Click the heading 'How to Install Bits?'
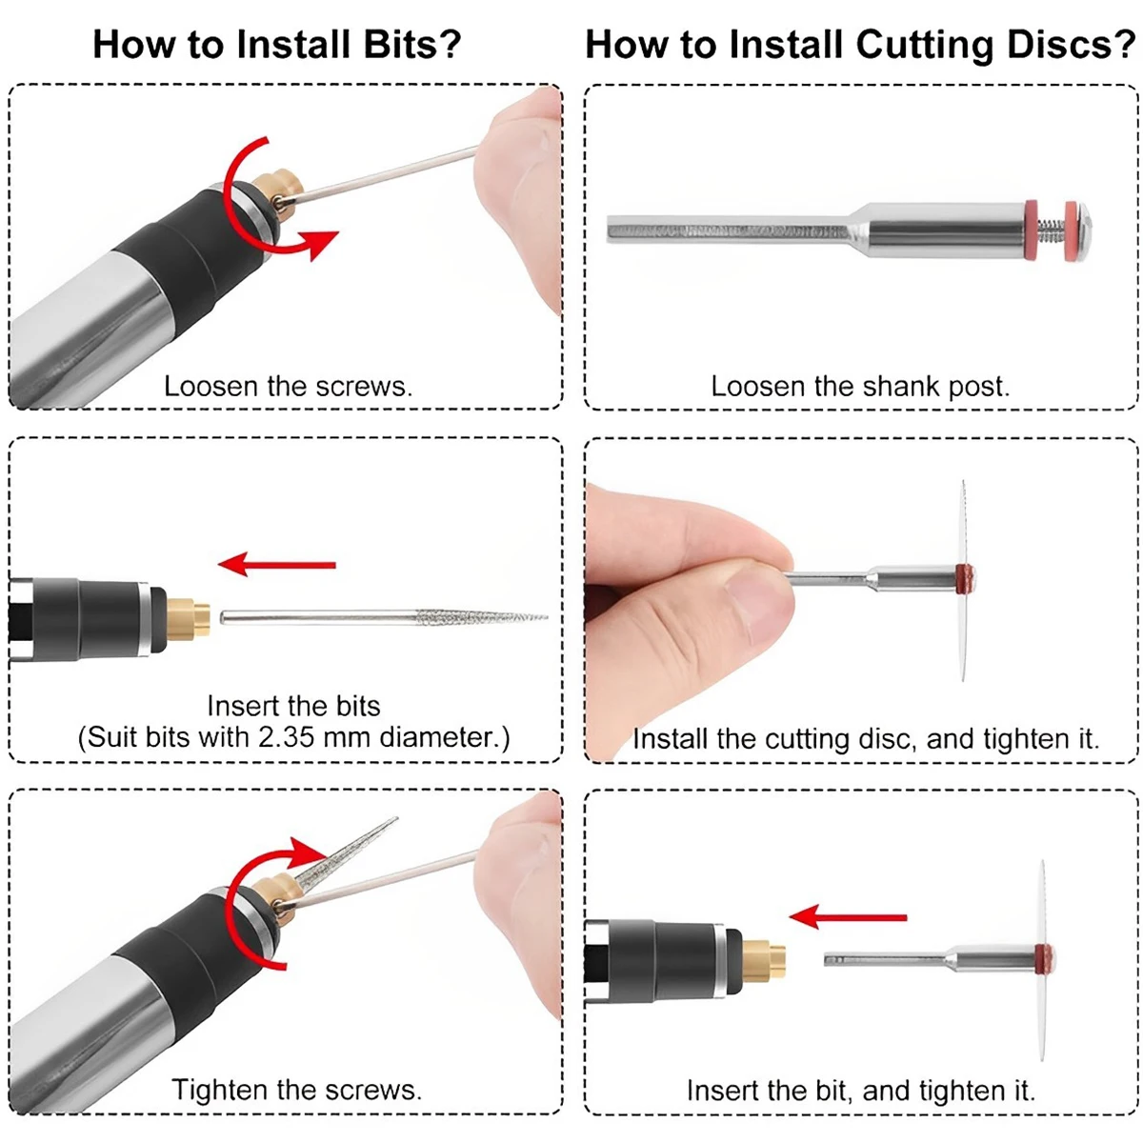point(277,45)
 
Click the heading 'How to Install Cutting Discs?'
point(861,45)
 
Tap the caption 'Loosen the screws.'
point(288,387)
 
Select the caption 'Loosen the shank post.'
point(860,387)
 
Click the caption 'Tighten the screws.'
point(296,1090)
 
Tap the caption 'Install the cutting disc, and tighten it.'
point(866,739)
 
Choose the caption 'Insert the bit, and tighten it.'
point(861,1091)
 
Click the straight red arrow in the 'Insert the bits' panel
point(277,564)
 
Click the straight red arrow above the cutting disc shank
point(848,917)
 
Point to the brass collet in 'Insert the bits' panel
point(188,619)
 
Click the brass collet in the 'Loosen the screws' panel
point(279,194)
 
